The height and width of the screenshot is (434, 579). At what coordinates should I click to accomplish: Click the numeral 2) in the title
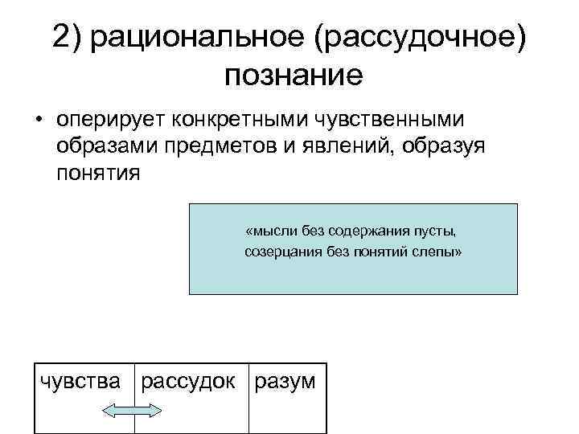(68, 37)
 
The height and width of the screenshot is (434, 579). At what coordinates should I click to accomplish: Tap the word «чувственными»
(396, 120)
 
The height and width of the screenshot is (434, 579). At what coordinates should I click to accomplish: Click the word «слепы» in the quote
(441, 252)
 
